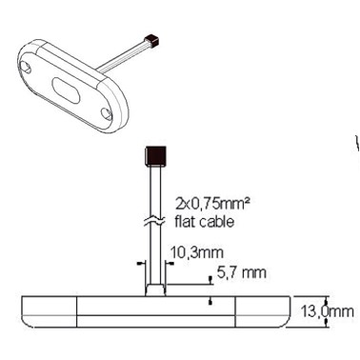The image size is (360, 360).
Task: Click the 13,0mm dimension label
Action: pos(327,312)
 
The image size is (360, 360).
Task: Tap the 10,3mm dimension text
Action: pos(197,252)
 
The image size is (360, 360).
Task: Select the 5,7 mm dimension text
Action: pos(241,272)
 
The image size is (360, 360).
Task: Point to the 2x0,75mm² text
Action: pos(211,204)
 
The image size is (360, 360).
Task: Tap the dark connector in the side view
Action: pos(155,156)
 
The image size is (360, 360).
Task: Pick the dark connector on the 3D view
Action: pos(151,40)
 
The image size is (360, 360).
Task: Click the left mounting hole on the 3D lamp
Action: pos(26,67)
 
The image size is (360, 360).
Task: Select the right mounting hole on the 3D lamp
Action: pos(107,114)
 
